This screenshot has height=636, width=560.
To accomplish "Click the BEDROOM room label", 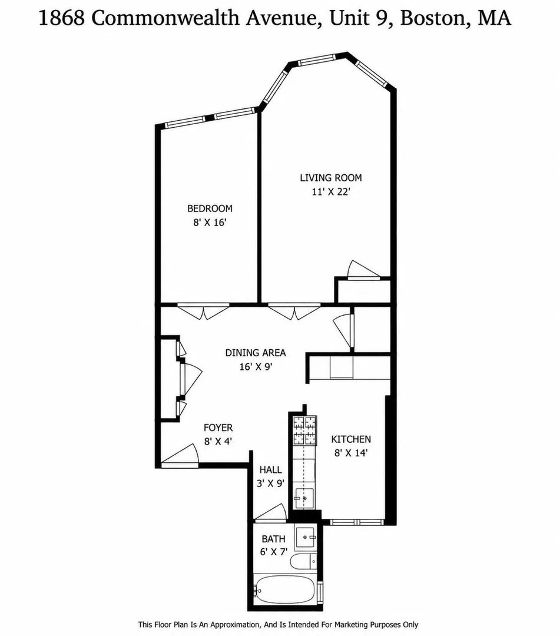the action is pos(210,208).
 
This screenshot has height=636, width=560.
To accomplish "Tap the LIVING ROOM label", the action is pos(331,178).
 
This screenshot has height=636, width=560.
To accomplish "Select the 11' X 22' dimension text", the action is pos(331,191).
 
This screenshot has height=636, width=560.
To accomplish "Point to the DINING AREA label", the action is pos(256,353).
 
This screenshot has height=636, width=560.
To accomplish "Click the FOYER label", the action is pos(218,428).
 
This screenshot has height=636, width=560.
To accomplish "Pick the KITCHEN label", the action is pos(351,439).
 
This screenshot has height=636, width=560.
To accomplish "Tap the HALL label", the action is pos(270,470).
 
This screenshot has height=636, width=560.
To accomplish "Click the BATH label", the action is pos(273,539).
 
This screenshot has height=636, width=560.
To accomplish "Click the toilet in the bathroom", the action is pos(303,561).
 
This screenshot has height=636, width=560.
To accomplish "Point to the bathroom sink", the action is pos(306,537).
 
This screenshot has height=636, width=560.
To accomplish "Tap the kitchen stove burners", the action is pos(305,430).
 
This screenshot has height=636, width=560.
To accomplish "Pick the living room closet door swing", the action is pos(363,269).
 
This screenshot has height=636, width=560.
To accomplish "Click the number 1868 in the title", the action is pos(62,18).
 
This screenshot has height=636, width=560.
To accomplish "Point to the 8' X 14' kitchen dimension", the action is pos(351,453).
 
